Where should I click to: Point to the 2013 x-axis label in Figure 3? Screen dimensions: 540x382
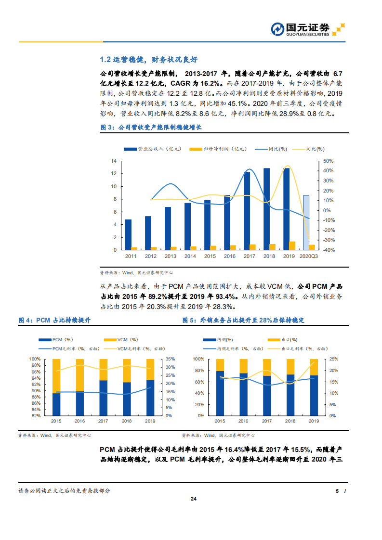[171, 257]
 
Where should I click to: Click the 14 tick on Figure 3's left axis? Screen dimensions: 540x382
[114, 161]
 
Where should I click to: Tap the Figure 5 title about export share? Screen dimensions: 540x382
[243, 320]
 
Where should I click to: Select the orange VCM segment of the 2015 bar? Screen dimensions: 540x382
[56, 375]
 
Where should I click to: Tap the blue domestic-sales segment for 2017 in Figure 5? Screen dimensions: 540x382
[267, 395]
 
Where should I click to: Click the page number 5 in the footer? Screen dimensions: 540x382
[337, 491]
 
